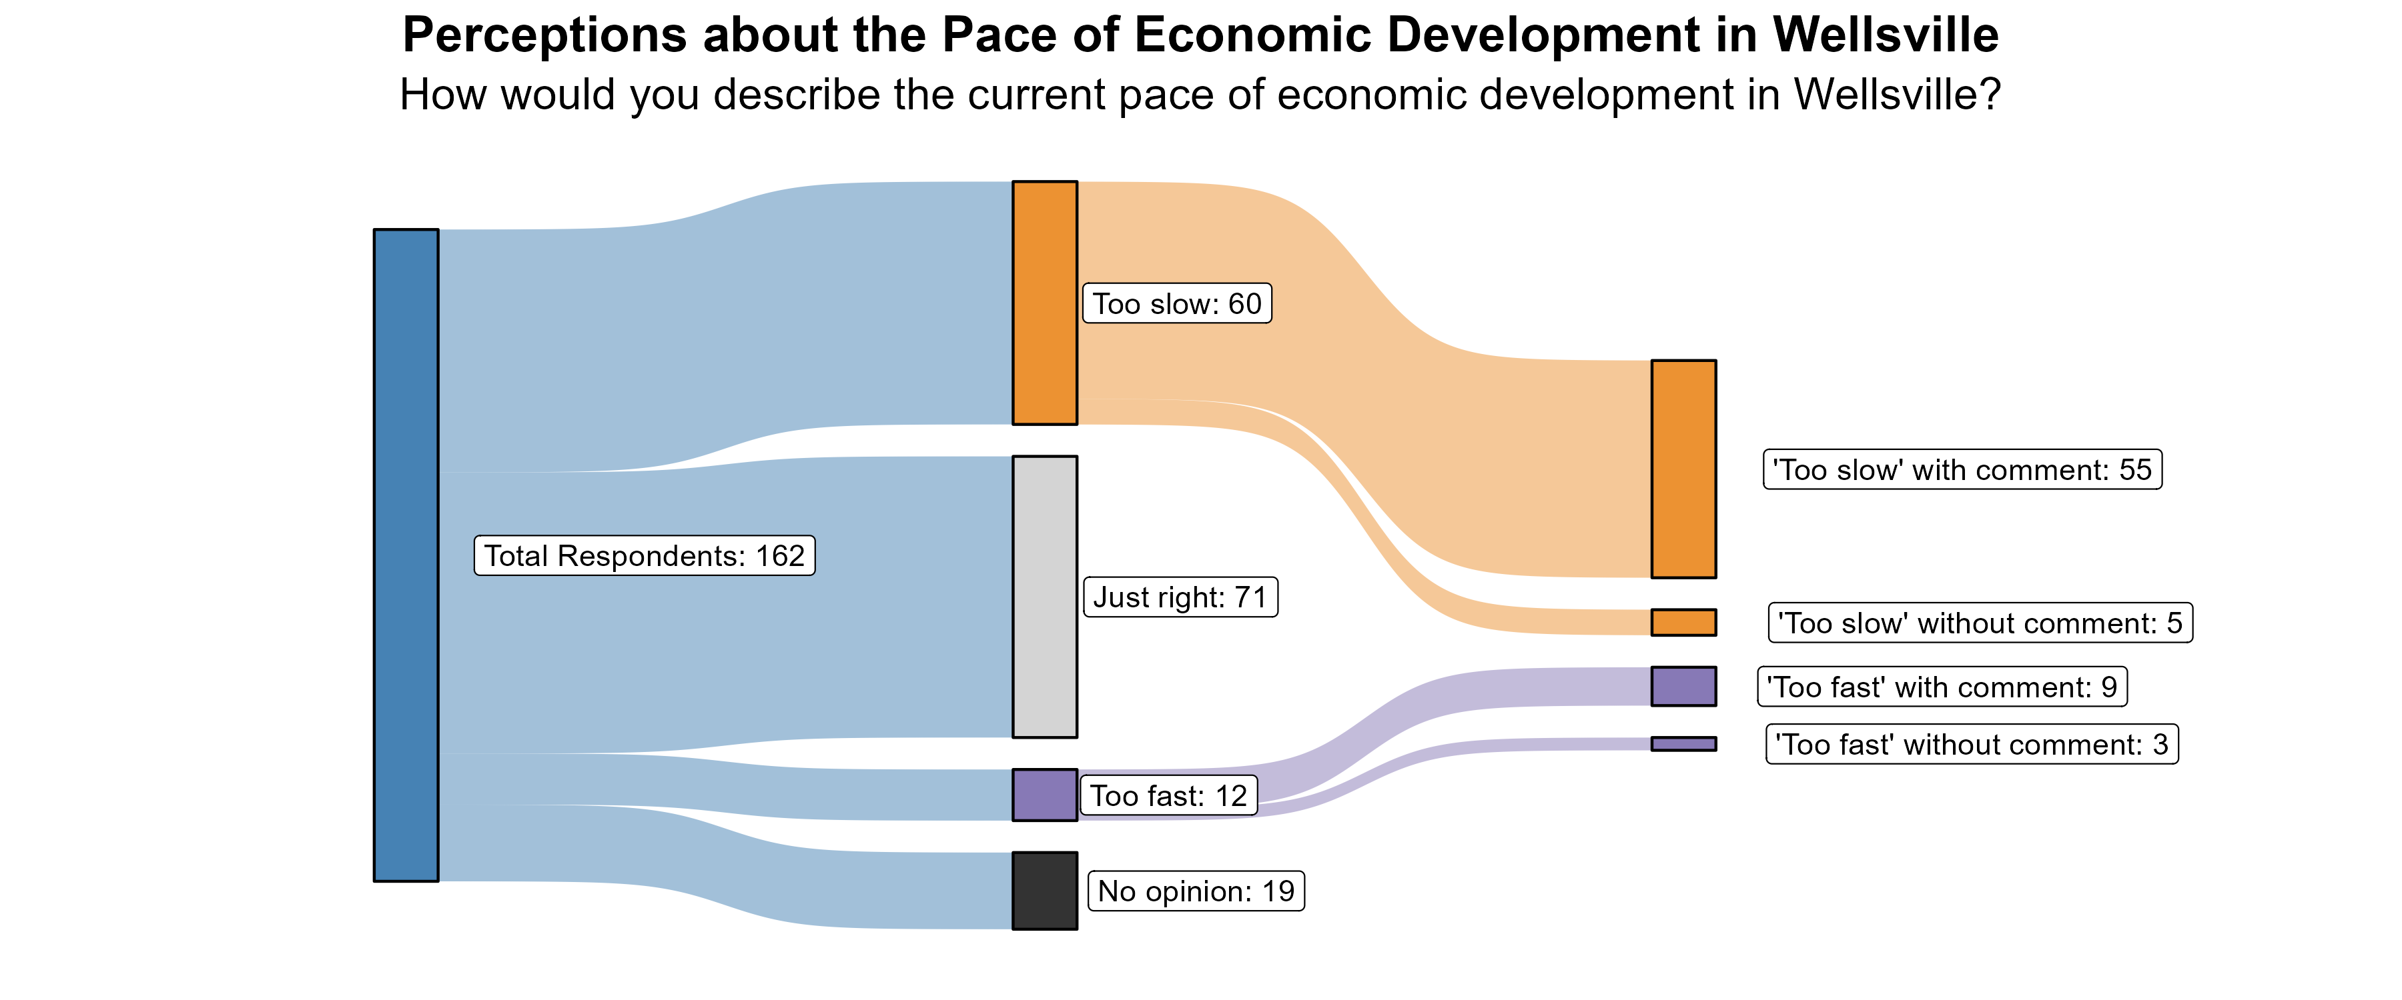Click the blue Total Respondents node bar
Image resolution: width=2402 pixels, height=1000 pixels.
406,555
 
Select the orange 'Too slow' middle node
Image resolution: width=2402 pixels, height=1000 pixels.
1044,303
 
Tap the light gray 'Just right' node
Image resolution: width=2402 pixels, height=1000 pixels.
1044,597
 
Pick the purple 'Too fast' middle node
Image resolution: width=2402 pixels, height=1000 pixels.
1044,795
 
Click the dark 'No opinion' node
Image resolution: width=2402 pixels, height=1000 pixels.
1044,891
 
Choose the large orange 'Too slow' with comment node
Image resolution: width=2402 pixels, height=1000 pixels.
1683,469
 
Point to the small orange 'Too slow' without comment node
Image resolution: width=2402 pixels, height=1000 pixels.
1683,623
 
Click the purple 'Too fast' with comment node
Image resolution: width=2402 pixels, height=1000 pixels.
1683,686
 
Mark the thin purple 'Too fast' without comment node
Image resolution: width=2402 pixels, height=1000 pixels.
1683,744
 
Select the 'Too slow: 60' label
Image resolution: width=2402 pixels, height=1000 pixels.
1177,304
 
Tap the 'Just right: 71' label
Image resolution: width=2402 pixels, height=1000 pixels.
1180,597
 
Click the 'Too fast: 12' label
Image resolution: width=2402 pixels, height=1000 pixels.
1168,796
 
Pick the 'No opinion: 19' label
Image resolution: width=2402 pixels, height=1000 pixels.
1196,891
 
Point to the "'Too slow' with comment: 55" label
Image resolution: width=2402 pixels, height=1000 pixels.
1962,470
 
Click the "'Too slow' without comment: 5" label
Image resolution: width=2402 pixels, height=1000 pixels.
1980,623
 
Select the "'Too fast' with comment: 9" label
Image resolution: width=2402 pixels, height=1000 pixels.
1942,687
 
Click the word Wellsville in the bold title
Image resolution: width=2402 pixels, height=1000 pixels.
1886,35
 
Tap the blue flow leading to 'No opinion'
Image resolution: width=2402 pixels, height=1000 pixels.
727,867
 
